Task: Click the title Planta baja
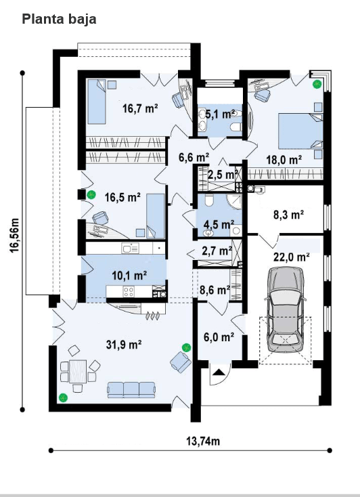coord(60,19)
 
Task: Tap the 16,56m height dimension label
coord(15,236)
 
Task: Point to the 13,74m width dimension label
coord(203,441)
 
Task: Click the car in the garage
coord(285,309)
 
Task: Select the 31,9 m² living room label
coord(124,344)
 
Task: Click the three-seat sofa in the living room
coord(131,389)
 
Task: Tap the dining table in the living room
coord(78,372)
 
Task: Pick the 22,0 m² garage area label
coord(292,257)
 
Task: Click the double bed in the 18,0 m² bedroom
coord(300,131)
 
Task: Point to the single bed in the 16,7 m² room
coord(96,102)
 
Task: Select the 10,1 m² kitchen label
coord(129,275)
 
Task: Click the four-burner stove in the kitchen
coord(129,291)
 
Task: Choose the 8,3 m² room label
coord(289,215)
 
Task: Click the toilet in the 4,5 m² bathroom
coord(209,200)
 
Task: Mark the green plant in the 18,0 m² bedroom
coord(317,84)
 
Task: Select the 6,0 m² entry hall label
coord(219,337)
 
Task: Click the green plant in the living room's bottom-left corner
coord(64,397)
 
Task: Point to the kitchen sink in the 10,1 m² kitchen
coord(130,248)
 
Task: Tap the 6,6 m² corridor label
coord(194,157)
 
